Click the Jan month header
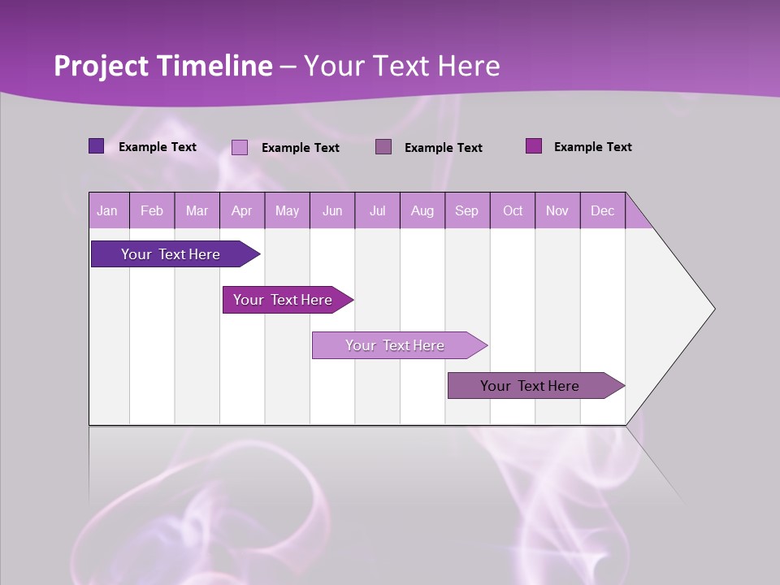tap(107, 210)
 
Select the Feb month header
tap(152, 210)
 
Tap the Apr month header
tap(241, 210)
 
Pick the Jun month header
tap(332, 210)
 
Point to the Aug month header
tap(422, 210)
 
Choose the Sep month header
tap(466, 210)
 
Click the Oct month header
tap(513, 210)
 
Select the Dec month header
tap(602, 210)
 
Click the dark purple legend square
tap(97, 146)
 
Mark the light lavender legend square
tap(240, 147)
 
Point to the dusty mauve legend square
tap(383, 147)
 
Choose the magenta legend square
tap(534, 146)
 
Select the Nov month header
tap(557, 210)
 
